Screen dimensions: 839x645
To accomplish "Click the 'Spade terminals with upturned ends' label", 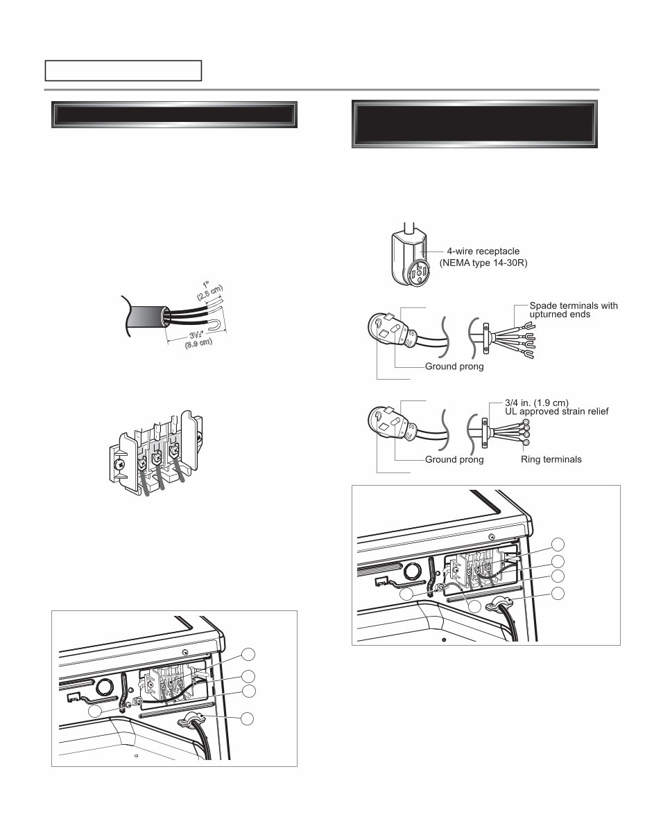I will (573, 310).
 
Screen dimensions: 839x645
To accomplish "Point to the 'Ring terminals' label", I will (551, 459).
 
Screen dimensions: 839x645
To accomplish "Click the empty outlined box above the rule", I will (123, 71).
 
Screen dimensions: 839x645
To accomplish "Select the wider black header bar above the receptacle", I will (474, 125).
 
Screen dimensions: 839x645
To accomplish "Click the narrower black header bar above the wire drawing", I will (175, 115).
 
